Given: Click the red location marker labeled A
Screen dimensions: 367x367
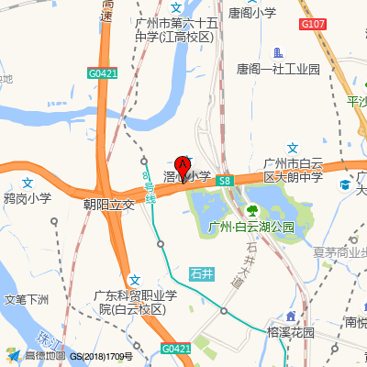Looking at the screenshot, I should (x=183, y=167).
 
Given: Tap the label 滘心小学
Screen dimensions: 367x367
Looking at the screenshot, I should (x=188, y=175).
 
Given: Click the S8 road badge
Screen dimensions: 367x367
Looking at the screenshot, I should (x=224, y=183).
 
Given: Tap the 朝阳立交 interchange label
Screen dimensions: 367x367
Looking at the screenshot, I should (x=108, y=205).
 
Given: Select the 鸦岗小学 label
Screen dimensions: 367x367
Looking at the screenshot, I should (x=28, y=198).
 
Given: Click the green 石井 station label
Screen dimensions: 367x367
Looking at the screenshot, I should (x=202, y=273).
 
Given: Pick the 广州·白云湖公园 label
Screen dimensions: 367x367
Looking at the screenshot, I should (x=250, y=227).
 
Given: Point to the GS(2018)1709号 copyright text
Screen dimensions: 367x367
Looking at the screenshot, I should (x=102, y=356).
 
